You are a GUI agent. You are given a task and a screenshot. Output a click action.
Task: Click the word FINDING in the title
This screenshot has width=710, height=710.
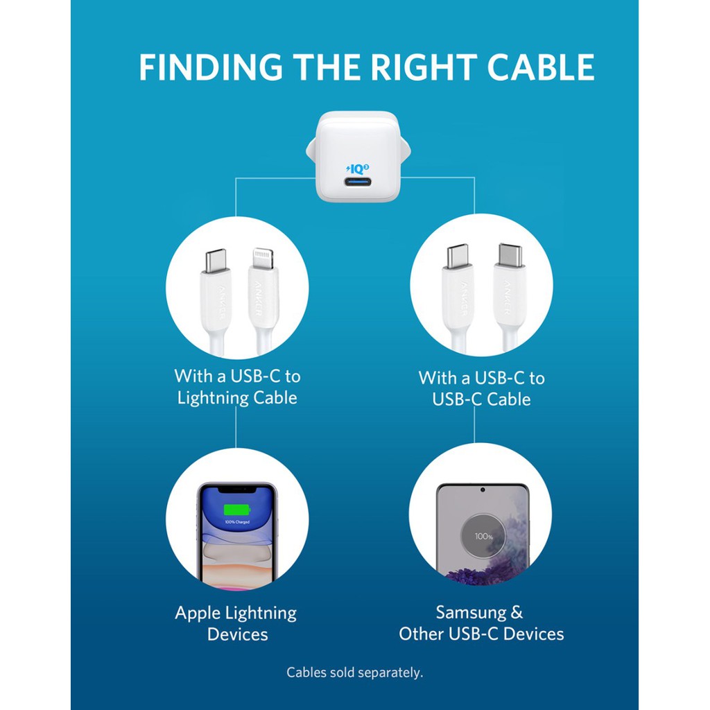pyautogui.click(x=210, y=68)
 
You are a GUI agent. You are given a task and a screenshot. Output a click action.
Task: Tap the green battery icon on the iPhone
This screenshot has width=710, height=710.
pyautogui.click(x=238, y=510)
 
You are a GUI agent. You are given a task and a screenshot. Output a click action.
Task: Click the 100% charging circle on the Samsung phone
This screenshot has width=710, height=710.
pyautogui.click(x=483, y=536)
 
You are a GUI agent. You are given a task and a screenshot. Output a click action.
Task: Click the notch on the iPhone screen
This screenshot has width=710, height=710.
pyautogui.click(x=237, y=490)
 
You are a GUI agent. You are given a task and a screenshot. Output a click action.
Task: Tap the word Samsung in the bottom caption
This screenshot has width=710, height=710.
pyautogui.click(x=471, y=613)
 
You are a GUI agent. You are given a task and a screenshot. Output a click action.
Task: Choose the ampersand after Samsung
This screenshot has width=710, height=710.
pyautogui.click(x=517, y=613)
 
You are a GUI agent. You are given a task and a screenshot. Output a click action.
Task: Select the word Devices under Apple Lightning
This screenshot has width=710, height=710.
pyautogui.click(x=237, y=634)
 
